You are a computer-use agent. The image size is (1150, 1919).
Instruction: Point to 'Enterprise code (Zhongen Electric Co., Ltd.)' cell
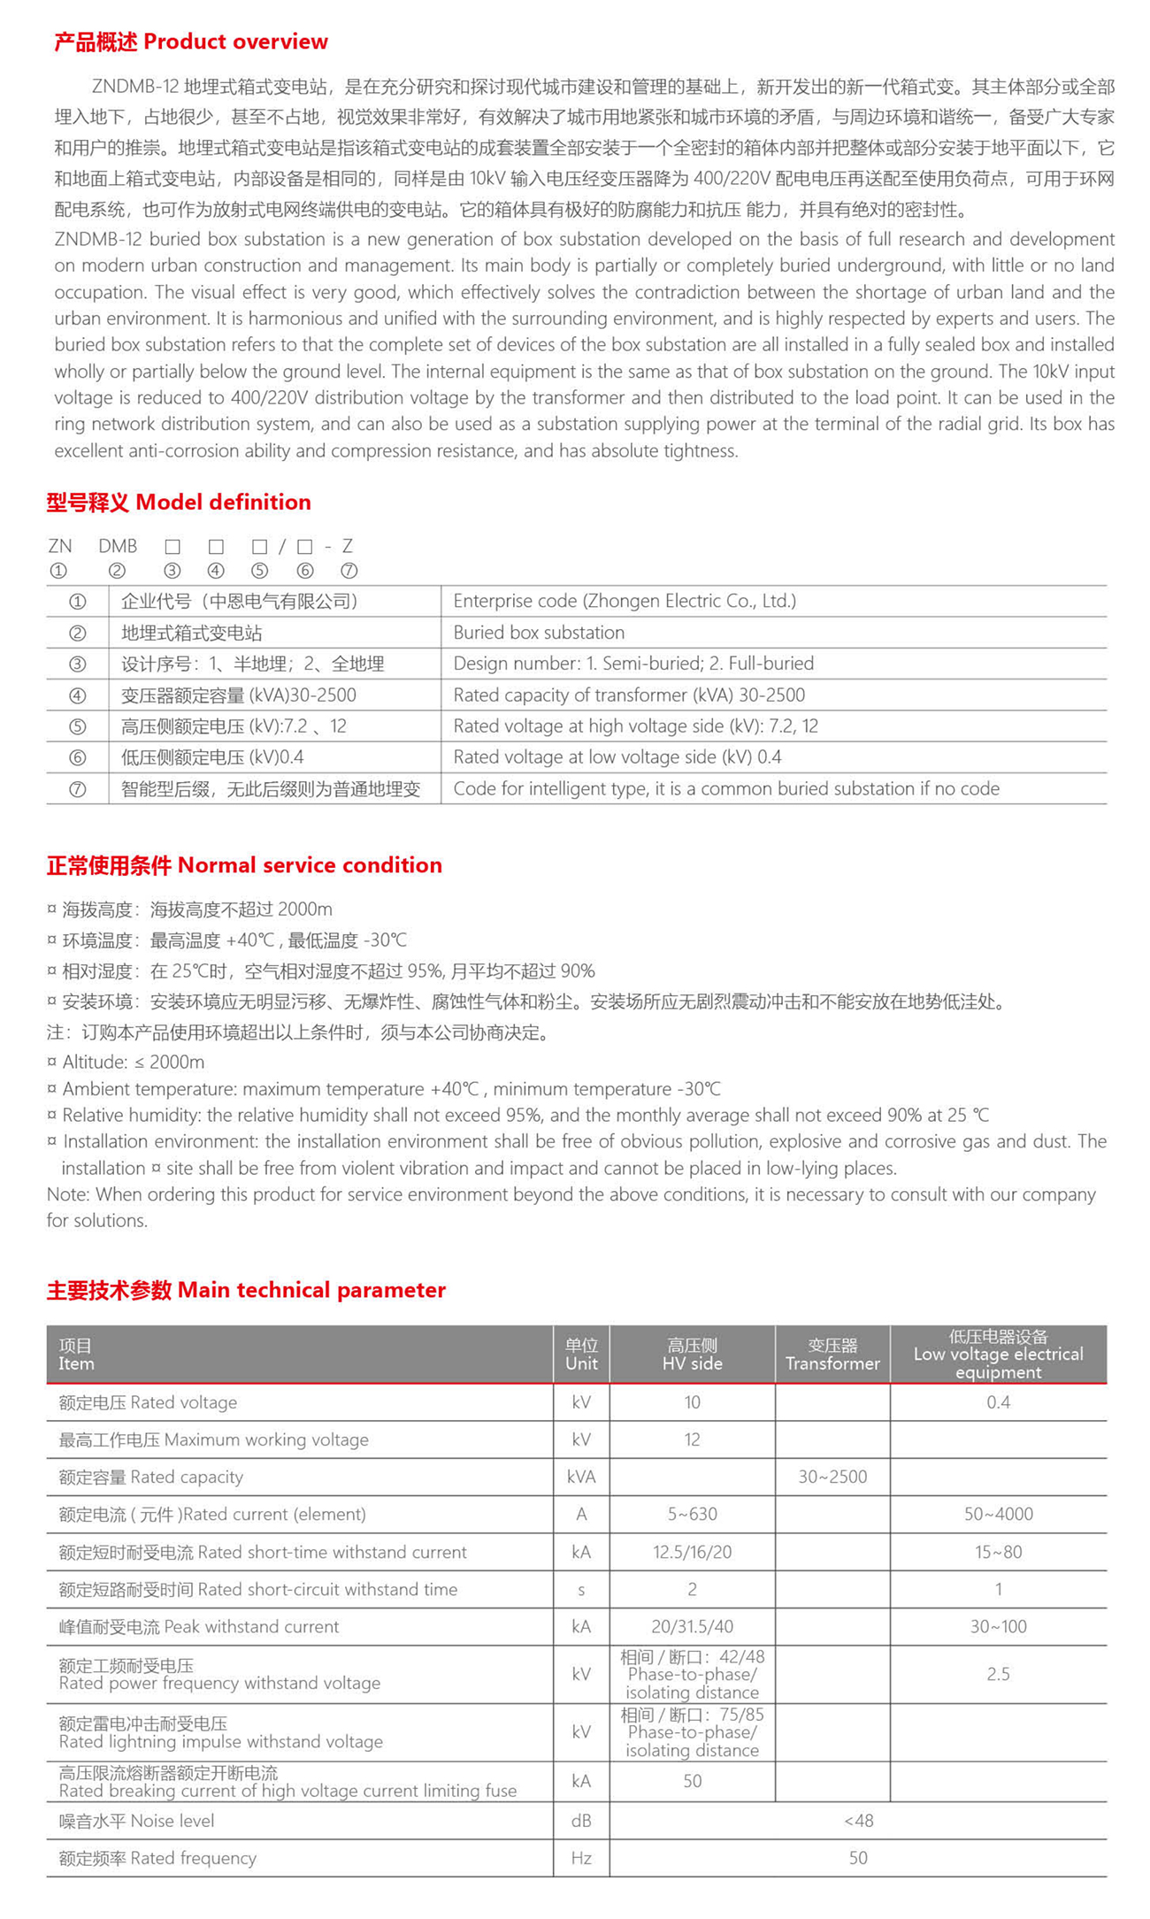point(625,602)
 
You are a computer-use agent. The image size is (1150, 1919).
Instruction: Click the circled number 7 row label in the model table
point(78,789)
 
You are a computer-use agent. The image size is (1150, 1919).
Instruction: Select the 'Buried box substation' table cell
point(539,633)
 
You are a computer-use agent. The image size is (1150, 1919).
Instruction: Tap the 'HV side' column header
point(692,1355)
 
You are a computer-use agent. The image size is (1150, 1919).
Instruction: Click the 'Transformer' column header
point(832,1355)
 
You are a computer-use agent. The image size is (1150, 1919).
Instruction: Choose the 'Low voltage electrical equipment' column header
point(998,1355)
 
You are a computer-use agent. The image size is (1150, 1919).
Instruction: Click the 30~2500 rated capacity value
point(832,1477)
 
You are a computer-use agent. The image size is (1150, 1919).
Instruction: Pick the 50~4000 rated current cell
point(998,1515)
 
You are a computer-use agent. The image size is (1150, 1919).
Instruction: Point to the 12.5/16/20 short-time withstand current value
point(692,1552)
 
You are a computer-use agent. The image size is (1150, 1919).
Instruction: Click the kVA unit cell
point(581,1477)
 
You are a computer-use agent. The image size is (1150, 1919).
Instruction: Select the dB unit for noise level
point(581,1821)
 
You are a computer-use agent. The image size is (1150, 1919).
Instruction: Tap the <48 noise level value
point(857,1821)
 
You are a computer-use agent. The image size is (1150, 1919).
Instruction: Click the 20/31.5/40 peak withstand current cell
point(692,1626)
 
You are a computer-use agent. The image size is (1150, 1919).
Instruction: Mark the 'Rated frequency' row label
point(157,1858)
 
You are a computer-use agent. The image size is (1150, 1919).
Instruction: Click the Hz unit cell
point(581,1858)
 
